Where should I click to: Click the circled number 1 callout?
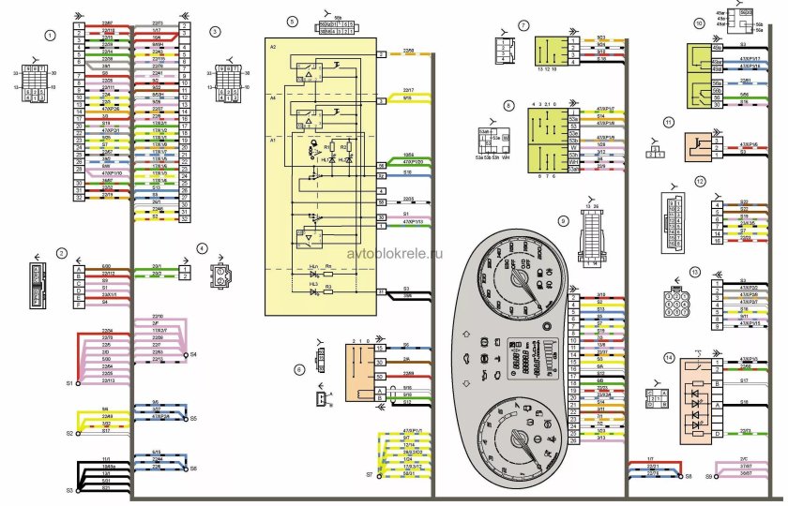click(x=50, y=35)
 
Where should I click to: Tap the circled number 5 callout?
click(x=292, y=20)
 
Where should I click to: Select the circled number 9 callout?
click(x=562, y=220)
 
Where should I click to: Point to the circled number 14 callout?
click(x=669, y=356)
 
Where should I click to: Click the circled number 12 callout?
click(x=700, y=181)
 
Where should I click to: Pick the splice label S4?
click(x=193, y=355)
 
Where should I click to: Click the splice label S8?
click(x=688, y=477)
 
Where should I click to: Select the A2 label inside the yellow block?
click(x=272, y=46)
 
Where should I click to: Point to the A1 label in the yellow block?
click(x=272, y=138)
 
